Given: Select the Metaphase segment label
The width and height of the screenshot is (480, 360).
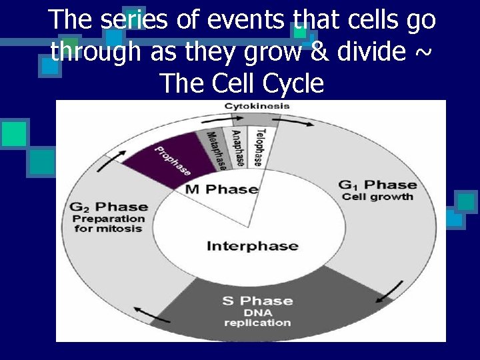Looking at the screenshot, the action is tap(217, 149).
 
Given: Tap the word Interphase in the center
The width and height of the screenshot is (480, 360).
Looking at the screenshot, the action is tap(252, 246).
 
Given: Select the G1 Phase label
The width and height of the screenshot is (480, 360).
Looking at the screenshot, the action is tap(377, 185).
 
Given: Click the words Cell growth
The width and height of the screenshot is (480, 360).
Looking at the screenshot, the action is tap(377, 197).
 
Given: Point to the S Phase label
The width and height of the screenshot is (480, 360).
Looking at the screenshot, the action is tap(257, 301).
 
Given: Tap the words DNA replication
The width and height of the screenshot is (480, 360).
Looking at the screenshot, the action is tap(257, 317).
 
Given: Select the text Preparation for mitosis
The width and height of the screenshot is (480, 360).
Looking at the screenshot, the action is tap(108, 223).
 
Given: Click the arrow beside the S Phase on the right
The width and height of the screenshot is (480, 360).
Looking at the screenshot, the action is tap(395, 291).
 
